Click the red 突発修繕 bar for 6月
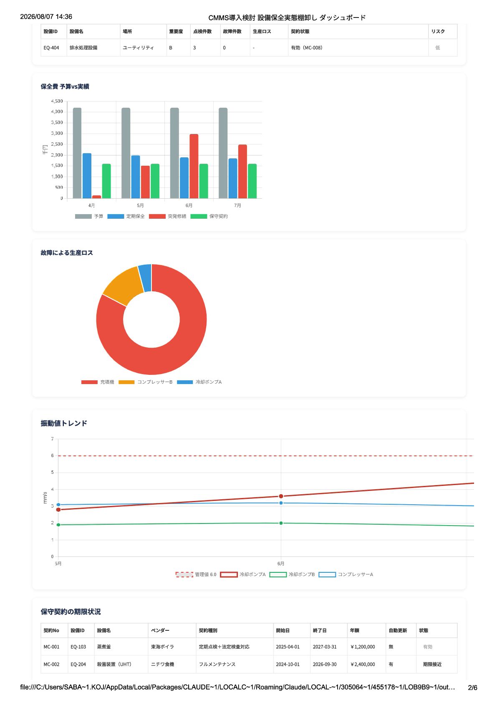pos(194,166)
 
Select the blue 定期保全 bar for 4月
pos(87,176)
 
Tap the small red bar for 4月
pos(96,197)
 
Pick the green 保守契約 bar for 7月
pos(252,181)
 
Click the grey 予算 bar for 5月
pos(126,153)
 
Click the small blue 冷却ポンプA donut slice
pos(145,278)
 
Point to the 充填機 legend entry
pos(98,382)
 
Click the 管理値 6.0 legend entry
pos(196,574)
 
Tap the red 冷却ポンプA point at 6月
pos(281,496)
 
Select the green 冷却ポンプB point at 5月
pos(58,525)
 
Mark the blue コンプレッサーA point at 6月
pos(281,503)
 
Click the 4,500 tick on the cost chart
pos(57,101)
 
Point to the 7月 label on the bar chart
pos(237,205)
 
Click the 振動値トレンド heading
pos(64,423)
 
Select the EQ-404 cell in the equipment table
pos(51,48)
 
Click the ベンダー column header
pos(160,630)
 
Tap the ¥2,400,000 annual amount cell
pos(362,664)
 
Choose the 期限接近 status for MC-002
pos(432,664)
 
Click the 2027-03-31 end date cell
pos(324,647)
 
